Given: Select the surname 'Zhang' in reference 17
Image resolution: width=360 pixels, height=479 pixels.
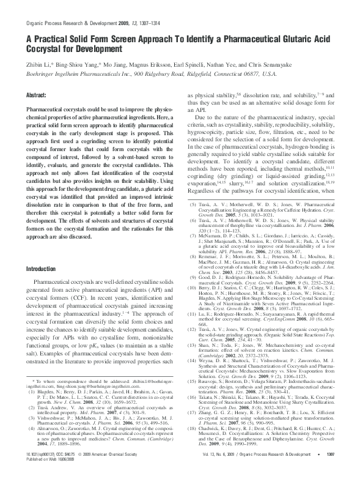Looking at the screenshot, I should [210, 410].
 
